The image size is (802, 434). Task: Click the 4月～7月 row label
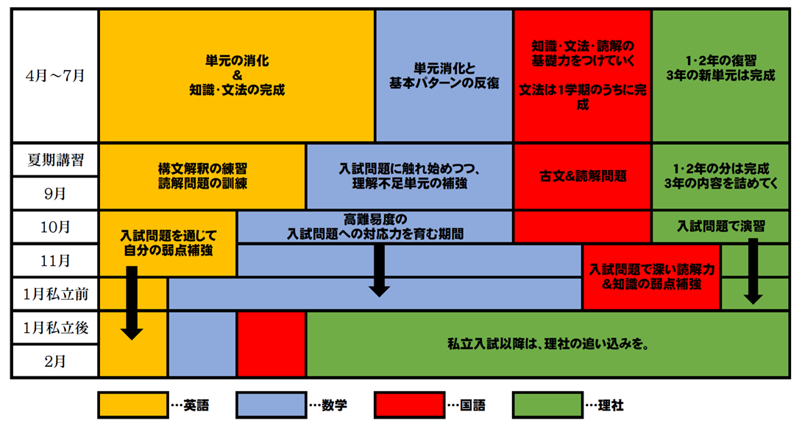pos(54,75)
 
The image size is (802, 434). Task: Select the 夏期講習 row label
pos(54,161)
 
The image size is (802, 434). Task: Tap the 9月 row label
pos(54,195)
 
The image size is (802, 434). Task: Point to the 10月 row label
pos(54,228)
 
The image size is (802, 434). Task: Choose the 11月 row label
pos(54,261)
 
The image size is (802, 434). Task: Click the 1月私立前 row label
pos(54,295)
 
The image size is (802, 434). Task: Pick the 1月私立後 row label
pos(54,328)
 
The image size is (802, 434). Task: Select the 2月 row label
pos(54,362)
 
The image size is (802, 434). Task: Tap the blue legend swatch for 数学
pos(271,405)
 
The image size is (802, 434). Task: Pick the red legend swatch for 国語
pos(409,405)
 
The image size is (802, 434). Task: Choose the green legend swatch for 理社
pos(547,405)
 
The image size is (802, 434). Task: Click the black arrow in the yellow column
pos(132,303)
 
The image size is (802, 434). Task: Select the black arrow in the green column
pos(753,271)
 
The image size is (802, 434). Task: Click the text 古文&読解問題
pos(583,177)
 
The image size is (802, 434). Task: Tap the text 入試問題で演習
pos(720,226)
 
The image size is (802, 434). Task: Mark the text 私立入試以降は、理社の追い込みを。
pos(547,344)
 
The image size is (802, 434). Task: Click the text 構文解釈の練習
pos(202,169)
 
